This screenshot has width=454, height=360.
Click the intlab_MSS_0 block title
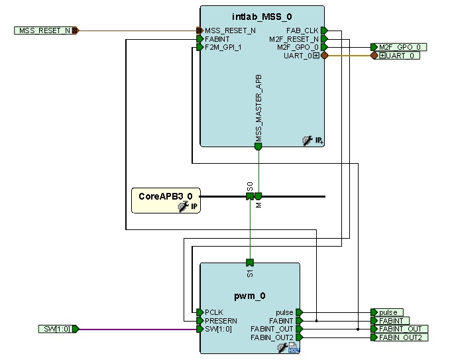(262, 16)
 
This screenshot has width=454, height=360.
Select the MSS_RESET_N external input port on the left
(44, 30)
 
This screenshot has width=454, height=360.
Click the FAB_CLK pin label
(303, 30)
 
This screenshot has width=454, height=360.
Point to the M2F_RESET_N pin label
(294, 39)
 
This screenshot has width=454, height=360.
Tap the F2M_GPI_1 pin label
(223, 48)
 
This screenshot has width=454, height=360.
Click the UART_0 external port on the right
(400, 56)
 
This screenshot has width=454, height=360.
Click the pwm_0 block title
(250, 296)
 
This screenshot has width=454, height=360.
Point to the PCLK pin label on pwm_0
(215, 312)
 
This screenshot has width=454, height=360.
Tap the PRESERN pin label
(221, 320)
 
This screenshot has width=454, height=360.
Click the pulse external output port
(388, 312)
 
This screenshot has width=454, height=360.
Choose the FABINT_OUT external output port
(400, 329)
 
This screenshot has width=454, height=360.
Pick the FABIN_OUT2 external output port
(400, 337)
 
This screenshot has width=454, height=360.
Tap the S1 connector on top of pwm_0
(250, 263)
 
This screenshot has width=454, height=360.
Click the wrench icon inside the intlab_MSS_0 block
(308, 140)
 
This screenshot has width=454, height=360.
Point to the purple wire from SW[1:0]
(139, 329)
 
